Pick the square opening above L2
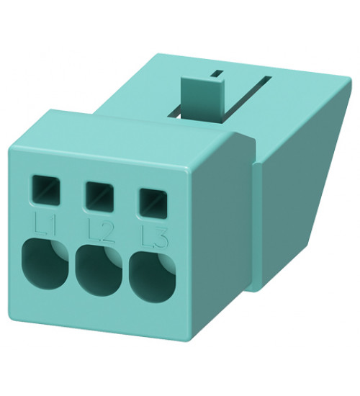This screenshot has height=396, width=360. (x=97, y=192)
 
